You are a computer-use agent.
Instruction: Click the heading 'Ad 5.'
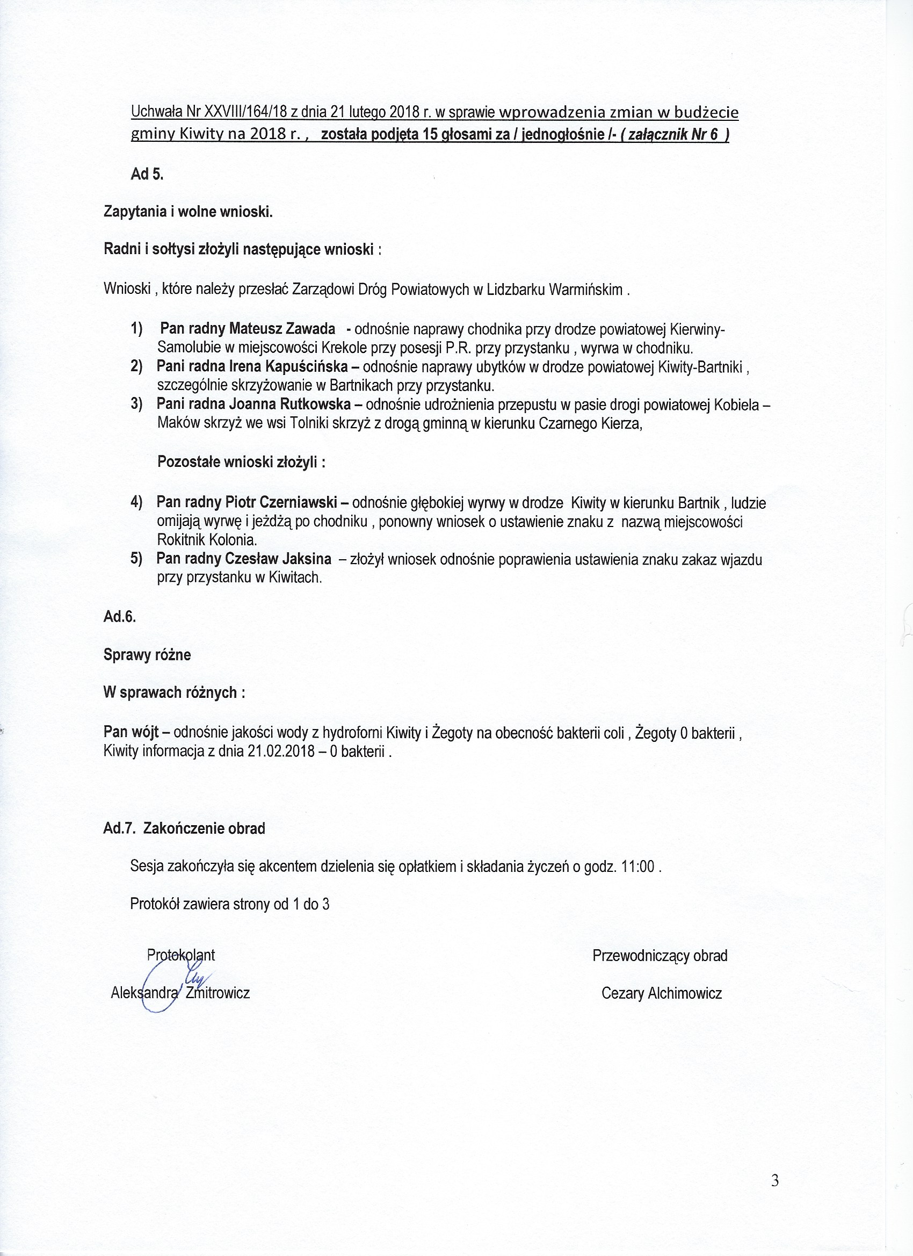point(147,174)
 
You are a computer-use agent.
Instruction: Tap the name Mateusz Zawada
point(282,329)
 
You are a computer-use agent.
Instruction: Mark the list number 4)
point(137,502)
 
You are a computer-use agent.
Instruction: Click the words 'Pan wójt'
point(131,733)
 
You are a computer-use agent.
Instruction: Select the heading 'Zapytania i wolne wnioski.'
point(187,212)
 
